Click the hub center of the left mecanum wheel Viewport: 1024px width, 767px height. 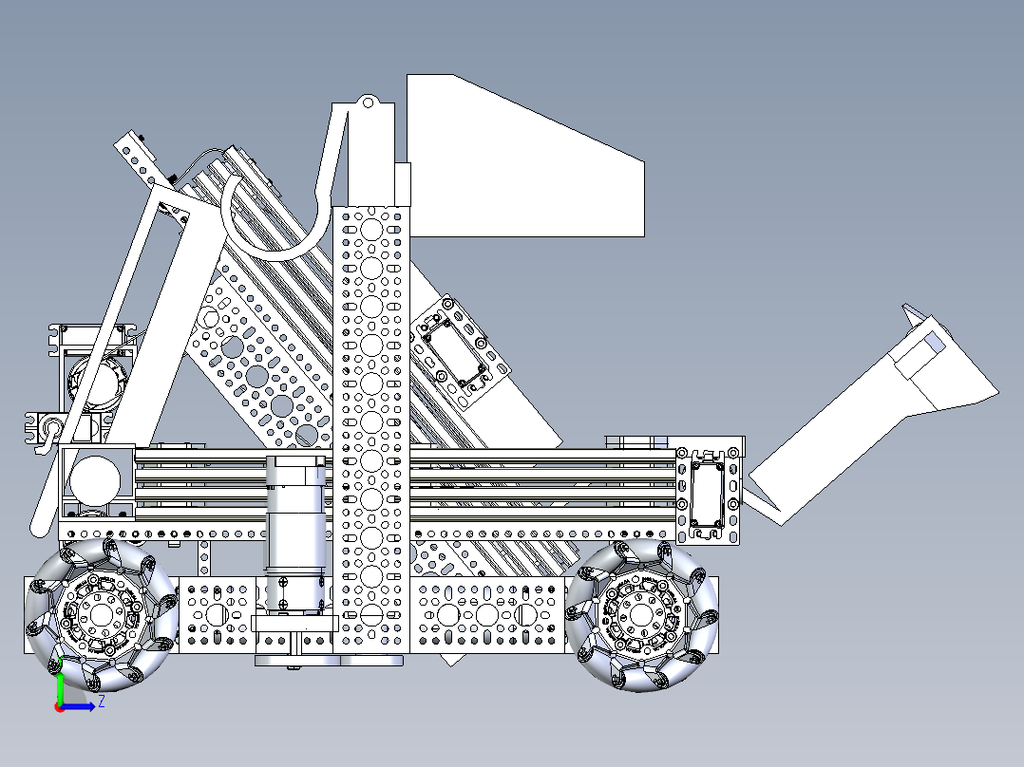[x=100, y=615]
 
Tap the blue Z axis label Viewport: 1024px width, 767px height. [x=101, y=702]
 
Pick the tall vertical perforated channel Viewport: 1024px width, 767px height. [x=371, y=427]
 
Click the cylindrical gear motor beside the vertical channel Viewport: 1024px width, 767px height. [x=294, y=532]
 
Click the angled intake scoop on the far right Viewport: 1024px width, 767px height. [x=855, y=418]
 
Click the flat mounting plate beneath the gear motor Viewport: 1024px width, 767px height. [x=294, y=624]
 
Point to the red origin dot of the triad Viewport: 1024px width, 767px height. [x=59, y=706]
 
